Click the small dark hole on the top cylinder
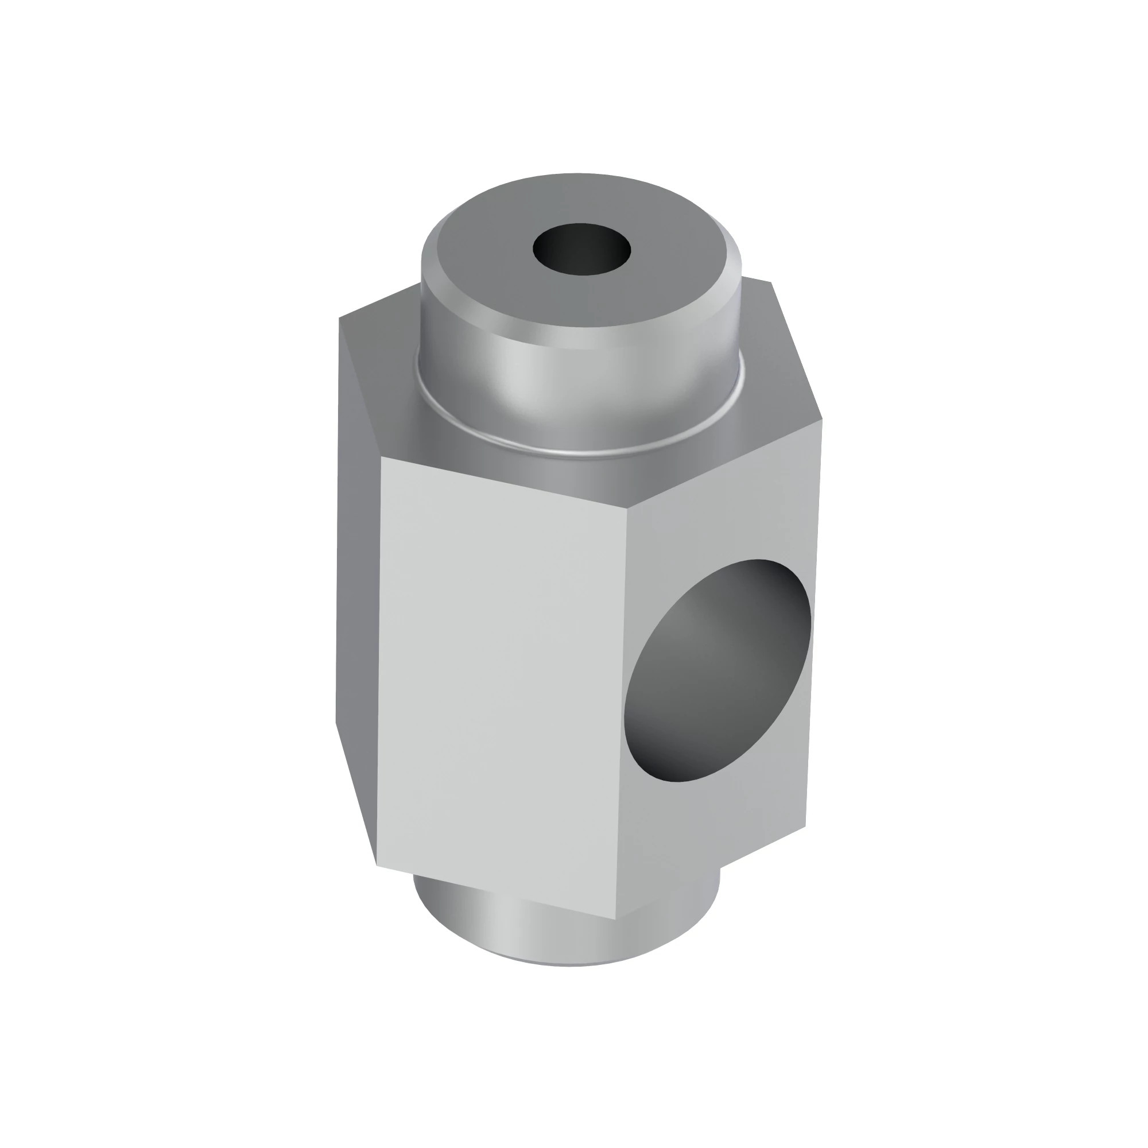(581, 249)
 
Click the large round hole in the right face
(719, 672)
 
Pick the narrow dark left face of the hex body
(356, 594)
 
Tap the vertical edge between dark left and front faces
(378, 654)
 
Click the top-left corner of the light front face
(381, 458)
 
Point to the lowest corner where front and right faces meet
(615, 919)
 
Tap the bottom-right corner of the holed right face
(806, 825)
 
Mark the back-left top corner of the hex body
(339, 318)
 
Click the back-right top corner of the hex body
(771, 282)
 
